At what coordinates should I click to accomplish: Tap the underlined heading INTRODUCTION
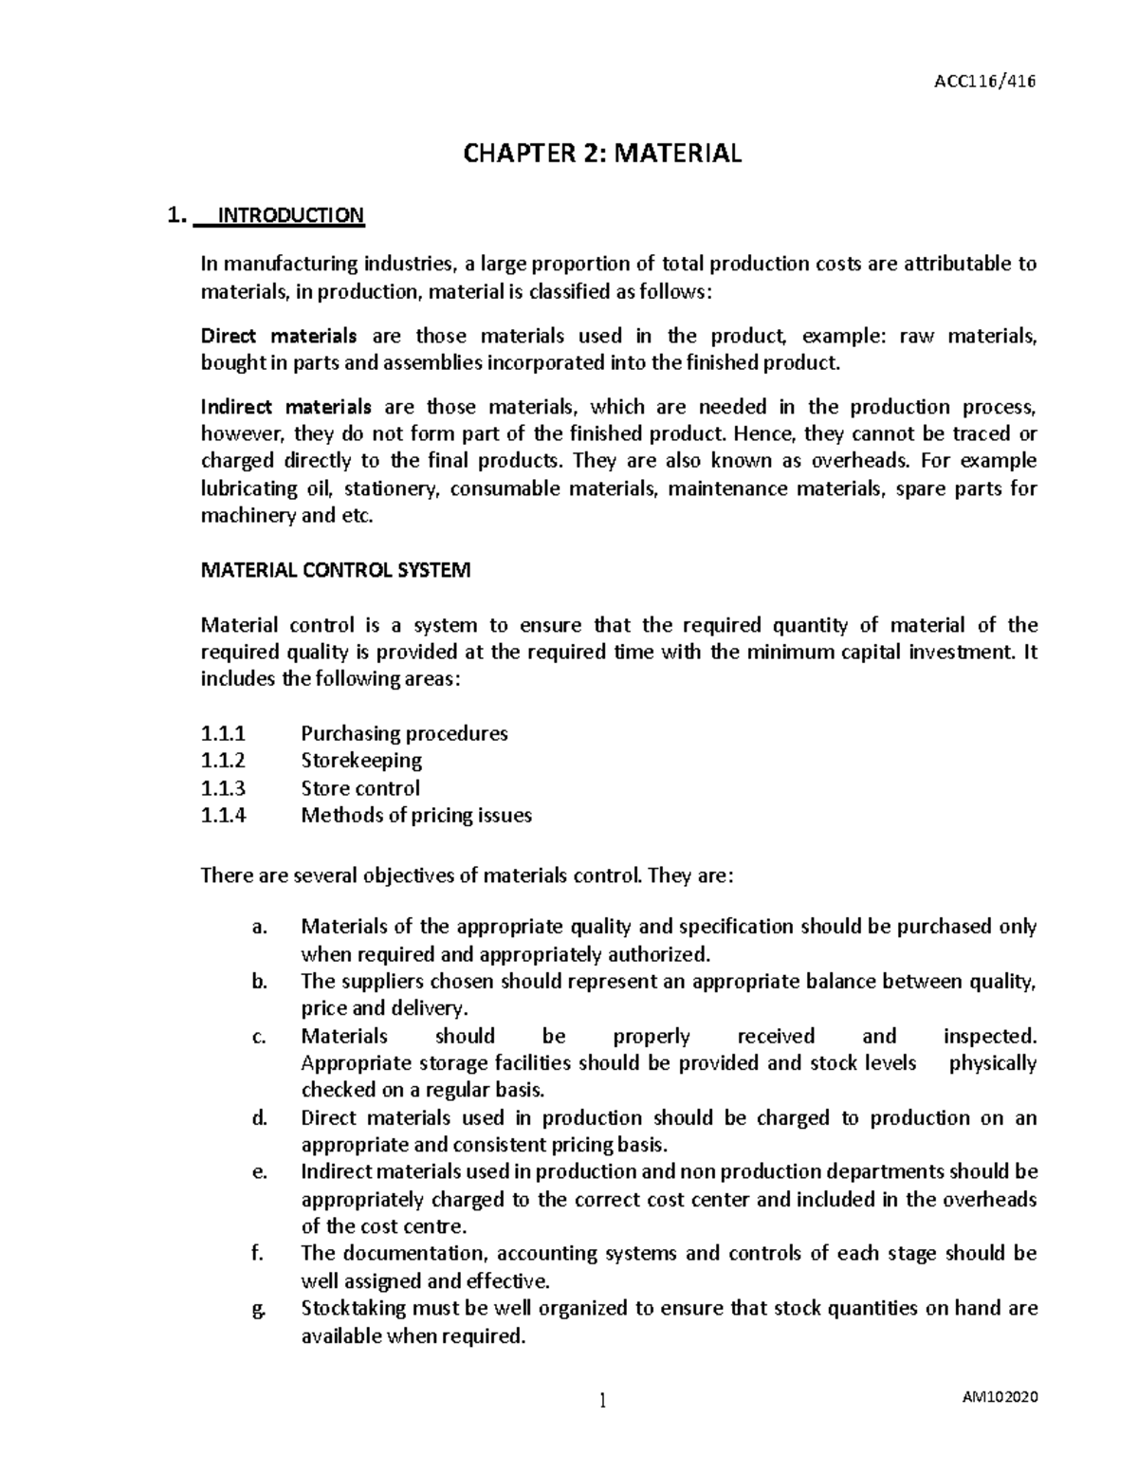291,215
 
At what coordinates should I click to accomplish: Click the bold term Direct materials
279,336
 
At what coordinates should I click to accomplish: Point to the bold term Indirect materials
286,408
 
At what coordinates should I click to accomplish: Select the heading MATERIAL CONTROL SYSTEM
335,571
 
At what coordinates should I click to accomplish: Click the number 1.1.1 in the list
223,733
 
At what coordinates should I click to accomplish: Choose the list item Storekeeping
361,761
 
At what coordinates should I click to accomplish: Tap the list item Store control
360,788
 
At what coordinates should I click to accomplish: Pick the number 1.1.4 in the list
223,816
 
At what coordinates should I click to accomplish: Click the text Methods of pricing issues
416,816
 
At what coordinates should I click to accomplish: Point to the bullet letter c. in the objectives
259,1037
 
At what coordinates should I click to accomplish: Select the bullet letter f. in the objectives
257,1254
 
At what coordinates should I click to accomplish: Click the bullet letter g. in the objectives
259,1310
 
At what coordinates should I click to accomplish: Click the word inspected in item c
990,1036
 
